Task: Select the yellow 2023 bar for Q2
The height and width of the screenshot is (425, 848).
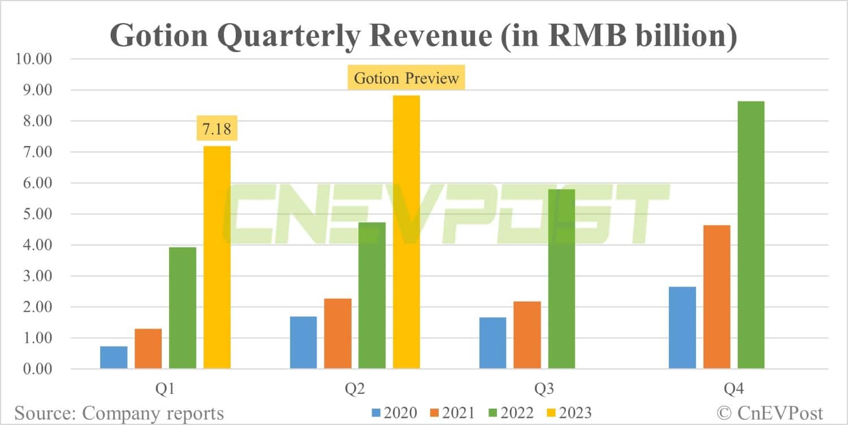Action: click(x=406, y=232)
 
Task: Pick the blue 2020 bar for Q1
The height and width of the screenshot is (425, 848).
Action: click(x=114, y=358)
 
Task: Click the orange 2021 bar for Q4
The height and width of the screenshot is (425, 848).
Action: click(x=716, y=297)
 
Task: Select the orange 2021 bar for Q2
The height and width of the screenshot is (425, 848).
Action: click(x=338, y=334)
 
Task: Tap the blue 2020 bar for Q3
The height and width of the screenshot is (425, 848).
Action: click(x=492, y=343)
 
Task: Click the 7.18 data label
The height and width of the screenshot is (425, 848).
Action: click(x=217, y=129)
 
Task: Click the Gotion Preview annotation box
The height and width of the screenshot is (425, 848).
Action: click(x=406, y=78)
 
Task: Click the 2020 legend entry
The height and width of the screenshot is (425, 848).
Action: click(x=394, y=412)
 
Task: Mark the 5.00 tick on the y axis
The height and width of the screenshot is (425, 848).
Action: click(x=35, y=214)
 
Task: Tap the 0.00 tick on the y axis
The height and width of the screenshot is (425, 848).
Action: click(x=35, y=369)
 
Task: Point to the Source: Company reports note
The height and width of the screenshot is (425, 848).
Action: click(x=119, y=413)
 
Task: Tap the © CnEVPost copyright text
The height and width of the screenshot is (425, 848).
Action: click(x=770, y=413)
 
